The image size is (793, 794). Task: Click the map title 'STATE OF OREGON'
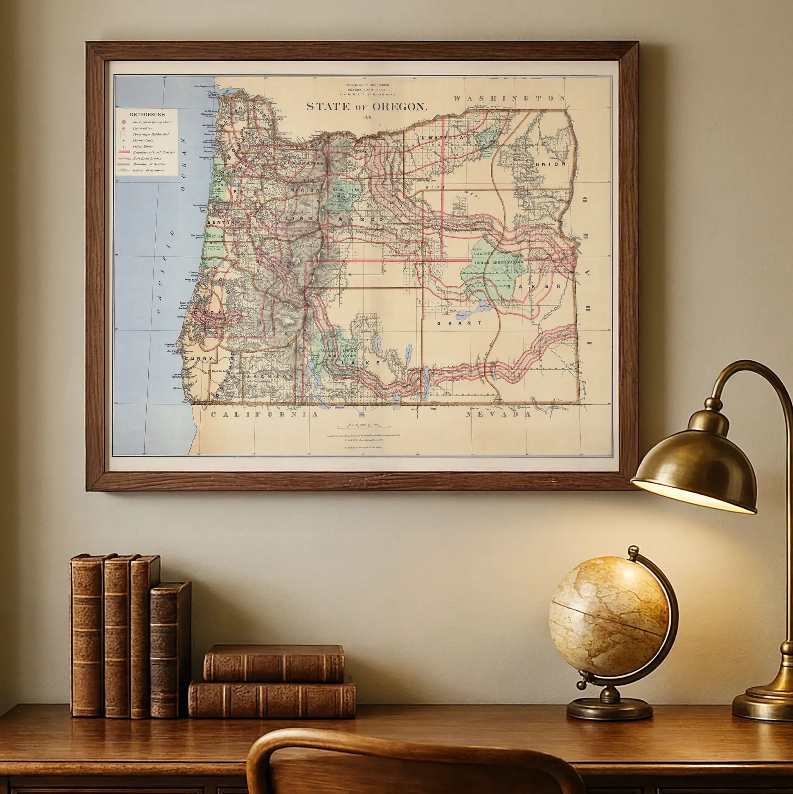[x=367, y=107]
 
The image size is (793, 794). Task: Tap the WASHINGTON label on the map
[x=510, y=98]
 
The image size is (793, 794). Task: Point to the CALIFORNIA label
[x=265, y=414]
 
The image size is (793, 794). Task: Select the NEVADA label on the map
[x=498, y=414]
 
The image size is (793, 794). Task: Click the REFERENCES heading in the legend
[x=147, y=115]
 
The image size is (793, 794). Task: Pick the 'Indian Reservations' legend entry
[x=148, y=170]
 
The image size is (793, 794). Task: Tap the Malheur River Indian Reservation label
[x=499, y=258]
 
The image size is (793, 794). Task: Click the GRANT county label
[x=459, y=323]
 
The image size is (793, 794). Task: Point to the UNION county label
[x=551, y=164]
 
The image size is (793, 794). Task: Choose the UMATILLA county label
[x=442, y=137]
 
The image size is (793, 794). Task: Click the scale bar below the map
[x=363, y=428]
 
